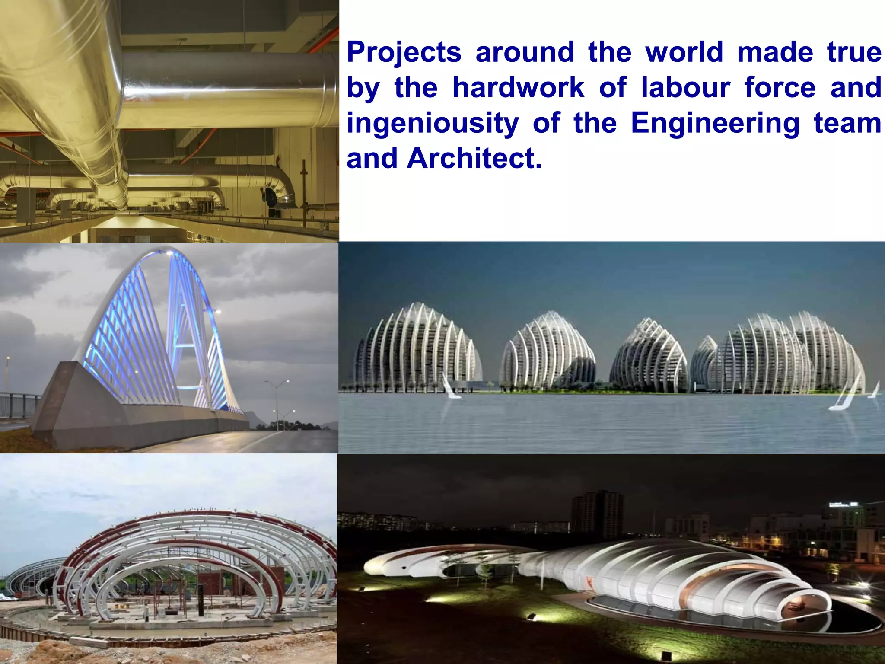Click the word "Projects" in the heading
pos(404,53)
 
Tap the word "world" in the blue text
pos(684,53)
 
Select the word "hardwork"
pos(518,88)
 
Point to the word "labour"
pos(685,88)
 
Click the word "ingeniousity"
pos(433,124)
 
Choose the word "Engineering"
pos(715,124)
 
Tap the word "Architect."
pos(474,159)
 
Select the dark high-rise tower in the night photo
pos(598,514)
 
